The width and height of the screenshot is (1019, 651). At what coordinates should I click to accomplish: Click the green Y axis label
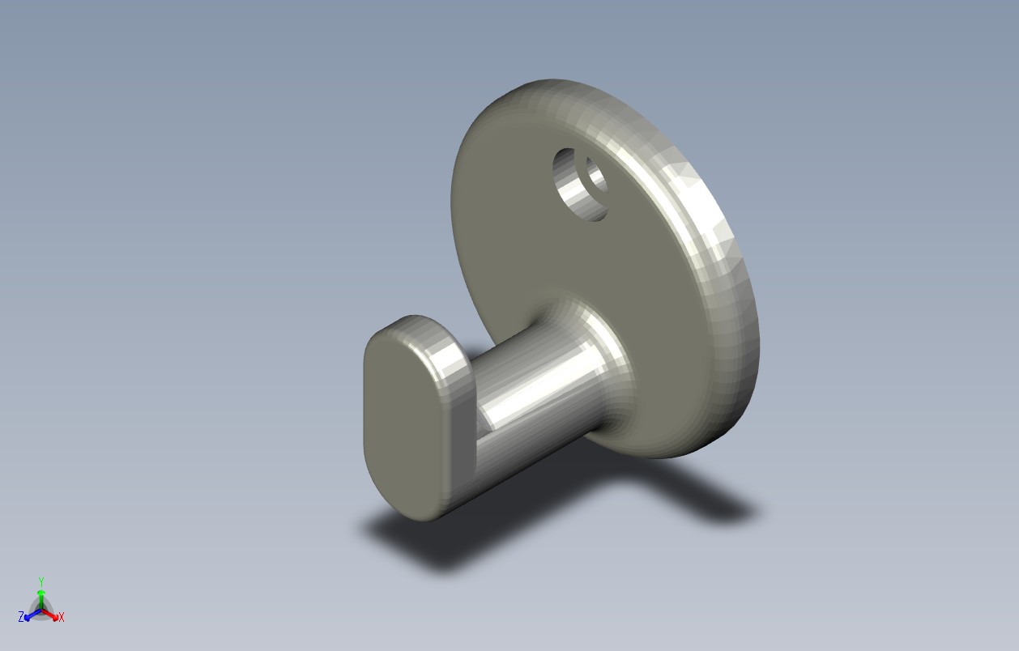tap(41, 581)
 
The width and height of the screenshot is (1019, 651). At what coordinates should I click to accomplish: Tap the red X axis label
tap(62, 617)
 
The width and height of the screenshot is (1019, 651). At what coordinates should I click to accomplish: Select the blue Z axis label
tap(21, 616)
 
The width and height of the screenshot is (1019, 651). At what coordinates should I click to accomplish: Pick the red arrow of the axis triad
tap(50, 614)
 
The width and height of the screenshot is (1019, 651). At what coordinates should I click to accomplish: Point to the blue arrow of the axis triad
tap(32, 615)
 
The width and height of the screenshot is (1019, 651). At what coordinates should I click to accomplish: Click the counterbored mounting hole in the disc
tap(581, 185)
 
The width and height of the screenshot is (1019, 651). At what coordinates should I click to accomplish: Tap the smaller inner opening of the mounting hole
tap(596, 176)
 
